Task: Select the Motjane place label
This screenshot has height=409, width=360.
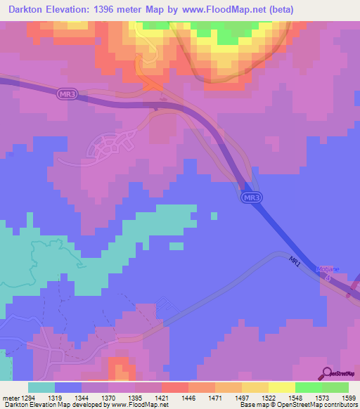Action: pyautogui.click(x=328, y=269)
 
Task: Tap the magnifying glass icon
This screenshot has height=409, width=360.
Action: pyautogui.click(x=327, y=372)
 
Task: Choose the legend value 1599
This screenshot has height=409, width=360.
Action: pyautogui.click(x=340, y=398)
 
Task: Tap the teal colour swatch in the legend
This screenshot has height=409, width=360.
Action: pyautogui.click(x=41, y=387)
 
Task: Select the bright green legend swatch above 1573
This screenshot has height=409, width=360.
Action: pyautogui.click(x=309, y=387)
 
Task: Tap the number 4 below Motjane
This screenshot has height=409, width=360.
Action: pyautogui.click(x=328, y=277)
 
